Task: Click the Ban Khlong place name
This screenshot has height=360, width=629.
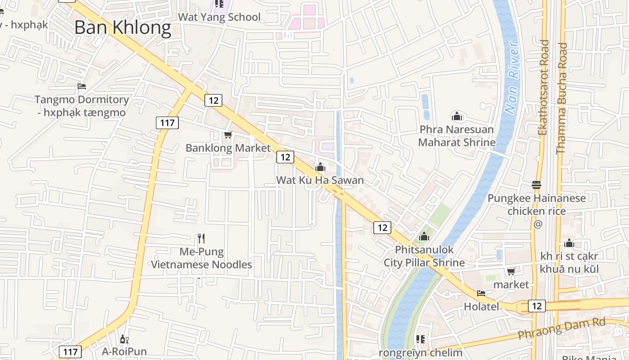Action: tap(123, 28)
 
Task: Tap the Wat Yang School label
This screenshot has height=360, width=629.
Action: tap(219, 17)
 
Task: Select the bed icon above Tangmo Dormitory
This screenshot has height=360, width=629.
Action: tap(81, 86)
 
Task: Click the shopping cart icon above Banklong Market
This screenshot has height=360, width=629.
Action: tap(228, 135)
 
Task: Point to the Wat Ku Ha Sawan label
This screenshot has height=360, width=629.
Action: tap(319, 180)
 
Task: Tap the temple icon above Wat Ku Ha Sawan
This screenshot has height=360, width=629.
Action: tap(320, 167)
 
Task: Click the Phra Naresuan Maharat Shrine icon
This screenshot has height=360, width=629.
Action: tap(457, 117)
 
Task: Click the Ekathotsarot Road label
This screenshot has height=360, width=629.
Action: tap(544, 88)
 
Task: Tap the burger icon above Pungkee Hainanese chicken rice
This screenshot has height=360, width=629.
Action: tap(536, 185)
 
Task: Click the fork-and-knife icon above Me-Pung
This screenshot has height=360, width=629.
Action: tap(201, 238)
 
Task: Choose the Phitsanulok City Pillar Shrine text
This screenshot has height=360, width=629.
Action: tap(424, 256)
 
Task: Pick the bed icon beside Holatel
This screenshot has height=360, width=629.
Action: tap(481, 293)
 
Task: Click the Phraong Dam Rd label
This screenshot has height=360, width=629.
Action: tap(562, 329)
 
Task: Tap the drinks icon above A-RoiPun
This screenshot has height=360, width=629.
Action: tap(124, 339)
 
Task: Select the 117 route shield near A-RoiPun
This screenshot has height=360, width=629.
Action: tap(70, 351)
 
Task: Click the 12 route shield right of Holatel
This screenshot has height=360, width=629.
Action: tap(536, 306)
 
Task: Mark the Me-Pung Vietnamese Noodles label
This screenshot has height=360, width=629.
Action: tap(201, 258)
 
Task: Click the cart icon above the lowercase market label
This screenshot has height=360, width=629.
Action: tap(511, 271)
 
